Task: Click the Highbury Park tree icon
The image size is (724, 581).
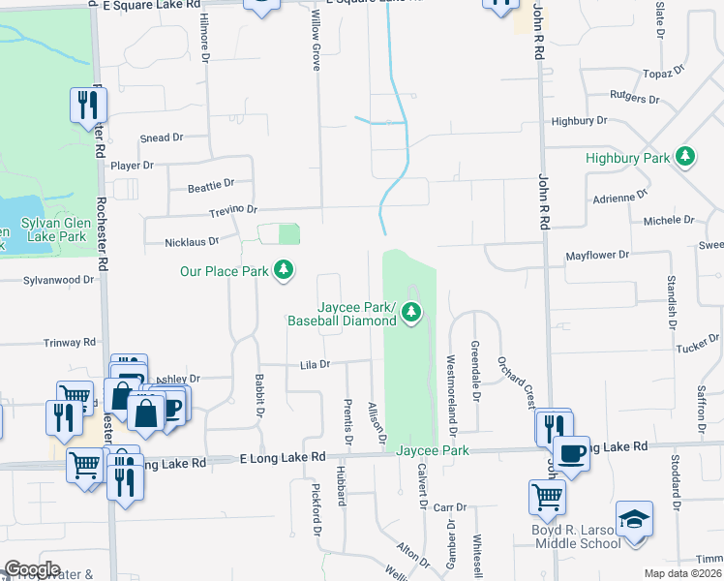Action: point(685,156)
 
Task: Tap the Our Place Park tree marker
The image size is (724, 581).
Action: point(284,270)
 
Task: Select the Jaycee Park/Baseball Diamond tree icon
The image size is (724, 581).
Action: point(411,312)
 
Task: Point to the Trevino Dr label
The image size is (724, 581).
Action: point(231,209)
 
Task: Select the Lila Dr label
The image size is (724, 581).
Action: point(316,365)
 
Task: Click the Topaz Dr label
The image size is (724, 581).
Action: point(664,72)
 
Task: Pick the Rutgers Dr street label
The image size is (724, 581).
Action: point(634,99)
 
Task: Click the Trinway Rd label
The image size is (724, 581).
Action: point(70,343)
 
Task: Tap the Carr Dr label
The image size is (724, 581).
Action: point(450,507)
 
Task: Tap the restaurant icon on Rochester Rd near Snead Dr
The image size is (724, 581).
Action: point(86,105)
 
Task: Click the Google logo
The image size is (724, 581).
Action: point(32,569)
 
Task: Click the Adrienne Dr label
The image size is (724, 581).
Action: point(619,196)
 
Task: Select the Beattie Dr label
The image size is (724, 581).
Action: point(211,183)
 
